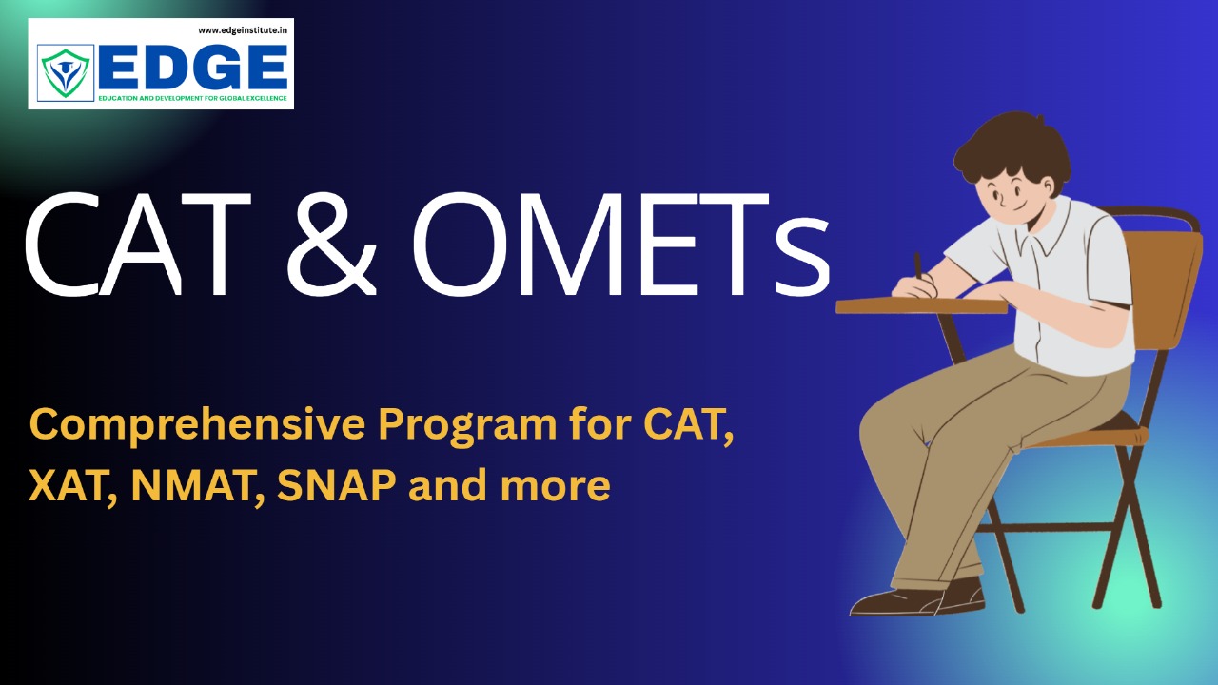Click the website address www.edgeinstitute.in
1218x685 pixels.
(x=243, y=30)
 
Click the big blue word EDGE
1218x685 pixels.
(x=192, y=68)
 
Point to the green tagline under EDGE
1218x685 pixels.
(x=192, y=98)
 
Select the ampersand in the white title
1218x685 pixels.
(x=332, y=245)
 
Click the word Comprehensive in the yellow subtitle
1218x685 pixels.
(x=197, y=426)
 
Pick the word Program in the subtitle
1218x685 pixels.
(x=467, y=426)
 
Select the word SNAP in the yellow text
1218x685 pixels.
(x=336, y=485)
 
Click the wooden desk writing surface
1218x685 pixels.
(x=922, y=305)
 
